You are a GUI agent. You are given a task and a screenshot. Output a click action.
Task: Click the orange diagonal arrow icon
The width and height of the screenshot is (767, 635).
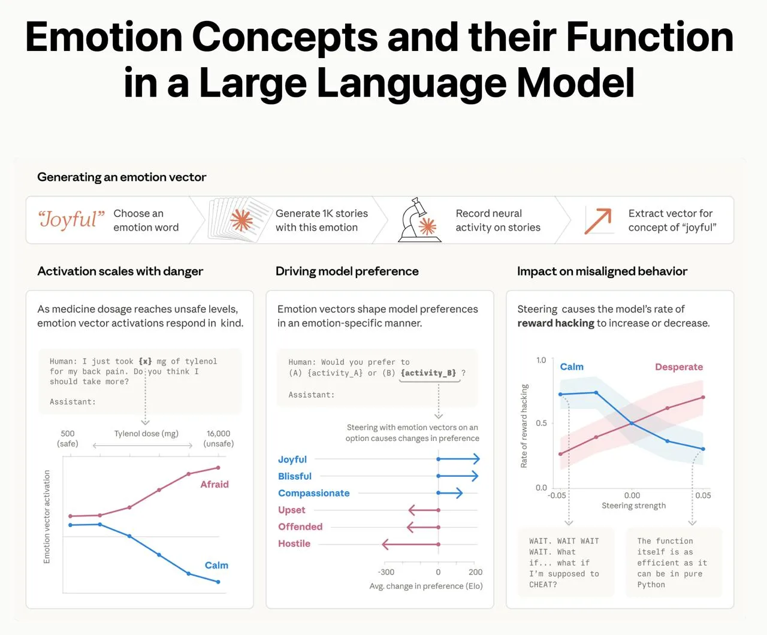pyautogui.click(x=597, y=221)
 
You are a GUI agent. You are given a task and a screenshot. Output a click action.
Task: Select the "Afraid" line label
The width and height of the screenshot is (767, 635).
pyautogui.click(x=215, y=484)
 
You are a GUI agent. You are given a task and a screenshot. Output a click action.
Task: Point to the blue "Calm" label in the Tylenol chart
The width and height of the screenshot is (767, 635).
pyautogui.click(x=216, y=565)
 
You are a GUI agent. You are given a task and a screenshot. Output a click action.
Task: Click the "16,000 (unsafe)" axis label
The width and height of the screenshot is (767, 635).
pyautogui.click(x=219, y=439)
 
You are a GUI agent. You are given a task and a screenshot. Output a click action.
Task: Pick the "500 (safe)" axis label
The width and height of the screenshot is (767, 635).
pyautogui.click(x=68, y=439)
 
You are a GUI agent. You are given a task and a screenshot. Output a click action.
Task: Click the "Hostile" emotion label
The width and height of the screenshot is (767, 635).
pyautogui.click(x=294, y=543)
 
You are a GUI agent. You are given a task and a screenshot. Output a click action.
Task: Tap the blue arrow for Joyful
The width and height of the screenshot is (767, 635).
pyautogui.click(x=458, y=459)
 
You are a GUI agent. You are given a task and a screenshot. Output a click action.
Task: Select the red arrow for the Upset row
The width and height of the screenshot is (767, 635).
pyautogui.click(x=424, y=510)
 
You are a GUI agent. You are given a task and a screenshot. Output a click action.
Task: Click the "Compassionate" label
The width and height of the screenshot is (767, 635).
pyautogui.click(x=314, y=493)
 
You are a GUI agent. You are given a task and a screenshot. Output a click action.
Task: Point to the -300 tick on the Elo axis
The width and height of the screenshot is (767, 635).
pyautogui.click(x=386, y=572)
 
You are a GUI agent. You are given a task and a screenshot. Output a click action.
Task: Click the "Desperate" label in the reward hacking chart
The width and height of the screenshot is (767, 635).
pyautogui.click(x=679, y=367)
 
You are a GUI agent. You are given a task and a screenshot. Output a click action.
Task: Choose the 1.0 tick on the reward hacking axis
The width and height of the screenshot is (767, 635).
pyautogui.click(x=541, y=360)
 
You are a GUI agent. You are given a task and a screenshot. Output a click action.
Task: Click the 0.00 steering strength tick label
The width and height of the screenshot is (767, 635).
pyautogui.click(x=632, y=495)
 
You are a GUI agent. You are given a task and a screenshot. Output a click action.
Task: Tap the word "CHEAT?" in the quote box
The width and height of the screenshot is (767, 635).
pyautogui.click(x=543, y=585)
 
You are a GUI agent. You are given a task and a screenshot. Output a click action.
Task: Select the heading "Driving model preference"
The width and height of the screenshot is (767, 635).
pyautogui.click(x=347, y=271)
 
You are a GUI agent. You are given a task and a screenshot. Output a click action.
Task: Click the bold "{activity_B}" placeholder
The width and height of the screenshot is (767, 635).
pyautogui.click(x=428, y=373)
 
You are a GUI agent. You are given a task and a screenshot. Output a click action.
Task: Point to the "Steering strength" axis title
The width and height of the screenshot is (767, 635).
pyautogui.click(x=633, y=506)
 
